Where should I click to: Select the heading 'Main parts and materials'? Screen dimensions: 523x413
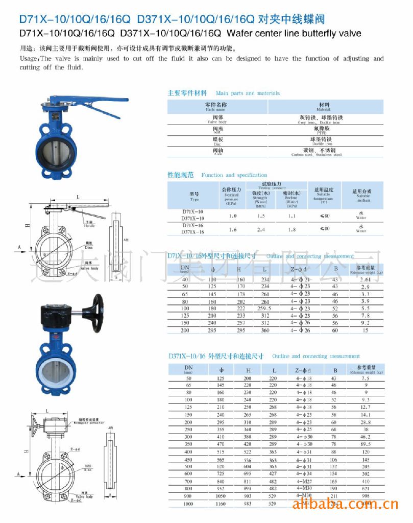248,93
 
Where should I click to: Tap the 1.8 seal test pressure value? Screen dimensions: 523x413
291,229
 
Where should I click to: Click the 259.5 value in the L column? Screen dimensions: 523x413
265,308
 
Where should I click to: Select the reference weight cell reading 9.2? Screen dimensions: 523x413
365,323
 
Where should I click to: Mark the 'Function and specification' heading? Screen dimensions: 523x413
234,175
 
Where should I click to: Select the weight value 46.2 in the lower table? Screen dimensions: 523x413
365,438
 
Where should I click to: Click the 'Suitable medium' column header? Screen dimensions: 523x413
361,195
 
